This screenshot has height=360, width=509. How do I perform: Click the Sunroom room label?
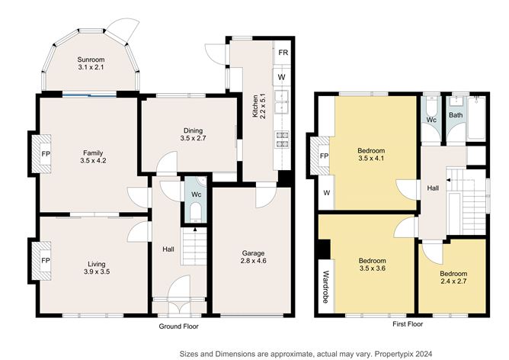[x=91, y=59]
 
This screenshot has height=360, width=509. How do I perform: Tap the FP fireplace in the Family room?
[x=42, y=153]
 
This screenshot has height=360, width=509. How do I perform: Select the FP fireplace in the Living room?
[x=42, y=261]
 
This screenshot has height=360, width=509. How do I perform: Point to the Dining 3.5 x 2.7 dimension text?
[x=193, y=138]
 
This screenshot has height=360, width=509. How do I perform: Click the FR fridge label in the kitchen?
[x=283, y=53]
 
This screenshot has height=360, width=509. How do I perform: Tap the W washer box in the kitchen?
[x=282, y=77]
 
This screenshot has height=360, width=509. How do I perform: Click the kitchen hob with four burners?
[x=282, y=140]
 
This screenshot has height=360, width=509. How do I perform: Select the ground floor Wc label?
[x=196, y=194]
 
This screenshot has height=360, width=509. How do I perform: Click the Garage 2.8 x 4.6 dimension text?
[x=254, y=261]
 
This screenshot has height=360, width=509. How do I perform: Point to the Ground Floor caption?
[x=178, y=326]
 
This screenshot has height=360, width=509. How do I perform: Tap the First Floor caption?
[x=408, y=324]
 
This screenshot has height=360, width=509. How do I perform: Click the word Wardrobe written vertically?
[x=326, y=287]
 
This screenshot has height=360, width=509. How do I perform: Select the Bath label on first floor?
[x=456, y=115]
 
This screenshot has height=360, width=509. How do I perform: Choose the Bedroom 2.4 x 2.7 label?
[x=453, y=278]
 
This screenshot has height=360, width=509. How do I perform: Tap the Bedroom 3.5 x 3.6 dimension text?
[x=373, y=268]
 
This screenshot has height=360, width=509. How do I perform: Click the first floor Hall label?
[x=433, y=188]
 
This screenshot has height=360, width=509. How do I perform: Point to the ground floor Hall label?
[x=168, y=249]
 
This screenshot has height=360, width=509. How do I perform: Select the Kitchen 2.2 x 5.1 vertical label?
[x=259, y=106]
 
